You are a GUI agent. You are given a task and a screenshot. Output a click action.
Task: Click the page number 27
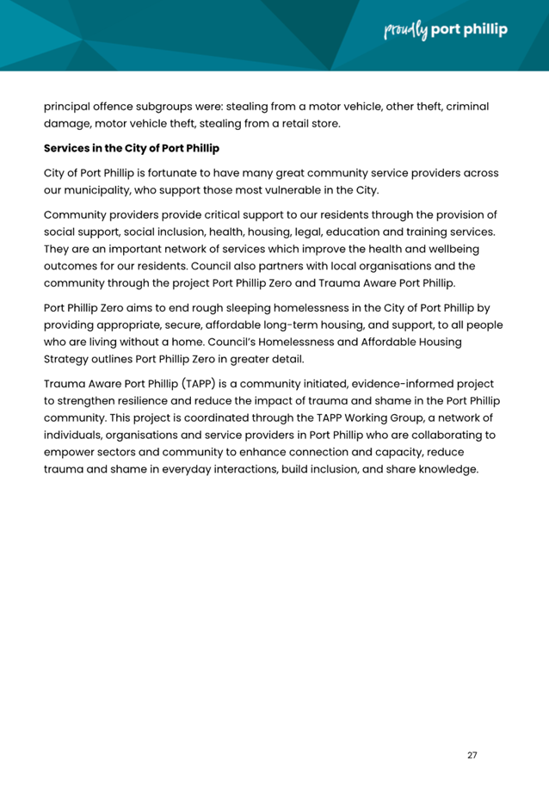click(472, 755)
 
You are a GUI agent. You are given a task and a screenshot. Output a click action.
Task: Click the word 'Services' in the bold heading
click(68, 148)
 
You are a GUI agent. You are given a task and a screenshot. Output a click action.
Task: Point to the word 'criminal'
click(464, 107)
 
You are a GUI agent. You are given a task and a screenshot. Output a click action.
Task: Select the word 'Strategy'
click(68, 359)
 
